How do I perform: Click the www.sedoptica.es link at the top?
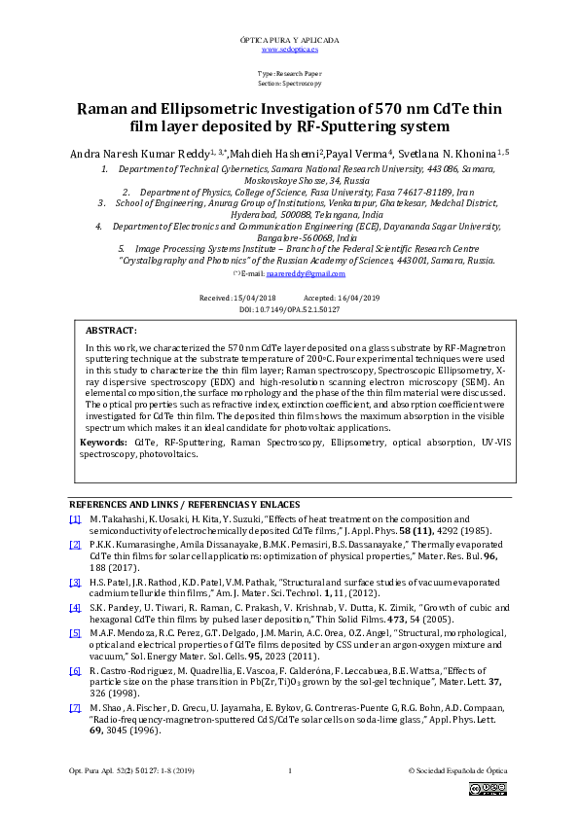pos(289,48)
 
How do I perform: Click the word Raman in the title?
pos(109,109)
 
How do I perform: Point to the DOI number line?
pos(289,308)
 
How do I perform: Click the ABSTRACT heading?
pos(111,332)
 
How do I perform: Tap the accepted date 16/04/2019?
pos(357,297)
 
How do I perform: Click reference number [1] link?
pos(74,521)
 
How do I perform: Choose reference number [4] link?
pos(74,607)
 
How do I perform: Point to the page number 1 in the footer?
pos(290,771)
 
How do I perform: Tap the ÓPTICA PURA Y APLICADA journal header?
pos(289,39)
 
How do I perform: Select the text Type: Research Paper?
pos(289,74)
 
